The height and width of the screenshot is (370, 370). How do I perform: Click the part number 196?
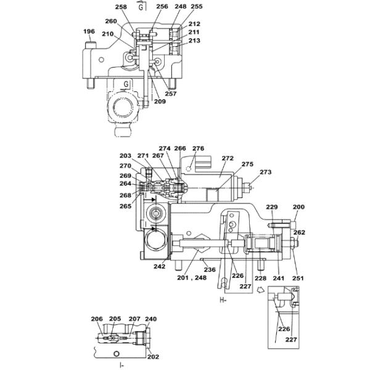tap(89, 31)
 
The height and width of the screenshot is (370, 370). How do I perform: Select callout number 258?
tap(121, 7)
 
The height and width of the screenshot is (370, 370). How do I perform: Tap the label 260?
tap(111, 21)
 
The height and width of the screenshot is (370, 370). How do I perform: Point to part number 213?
tap(194, 41)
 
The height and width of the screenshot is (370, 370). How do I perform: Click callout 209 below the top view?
tap(160, 102)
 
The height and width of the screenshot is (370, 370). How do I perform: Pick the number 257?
tap(171, 94)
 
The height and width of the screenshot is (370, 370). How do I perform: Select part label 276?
tap(198, 149)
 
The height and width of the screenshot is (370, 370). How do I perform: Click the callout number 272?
tap(228, 158)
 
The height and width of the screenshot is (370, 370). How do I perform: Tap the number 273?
tap(266, 172)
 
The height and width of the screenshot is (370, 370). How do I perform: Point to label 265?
tap(125, 206)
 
